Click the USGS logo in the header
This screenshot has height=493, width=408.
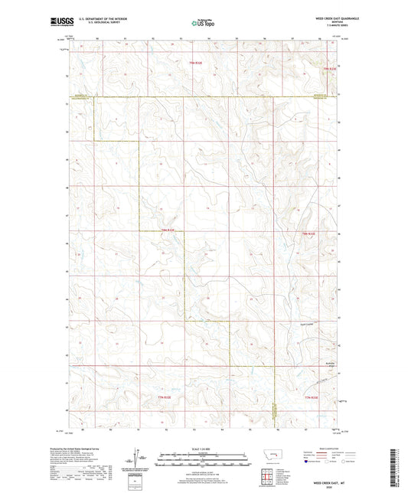57,22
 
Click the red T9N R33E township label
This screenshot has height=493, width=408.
329,70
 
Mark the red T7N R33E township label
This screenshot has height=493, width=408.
309,397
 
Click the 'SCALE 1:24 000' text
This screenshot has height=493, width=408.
203,449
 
